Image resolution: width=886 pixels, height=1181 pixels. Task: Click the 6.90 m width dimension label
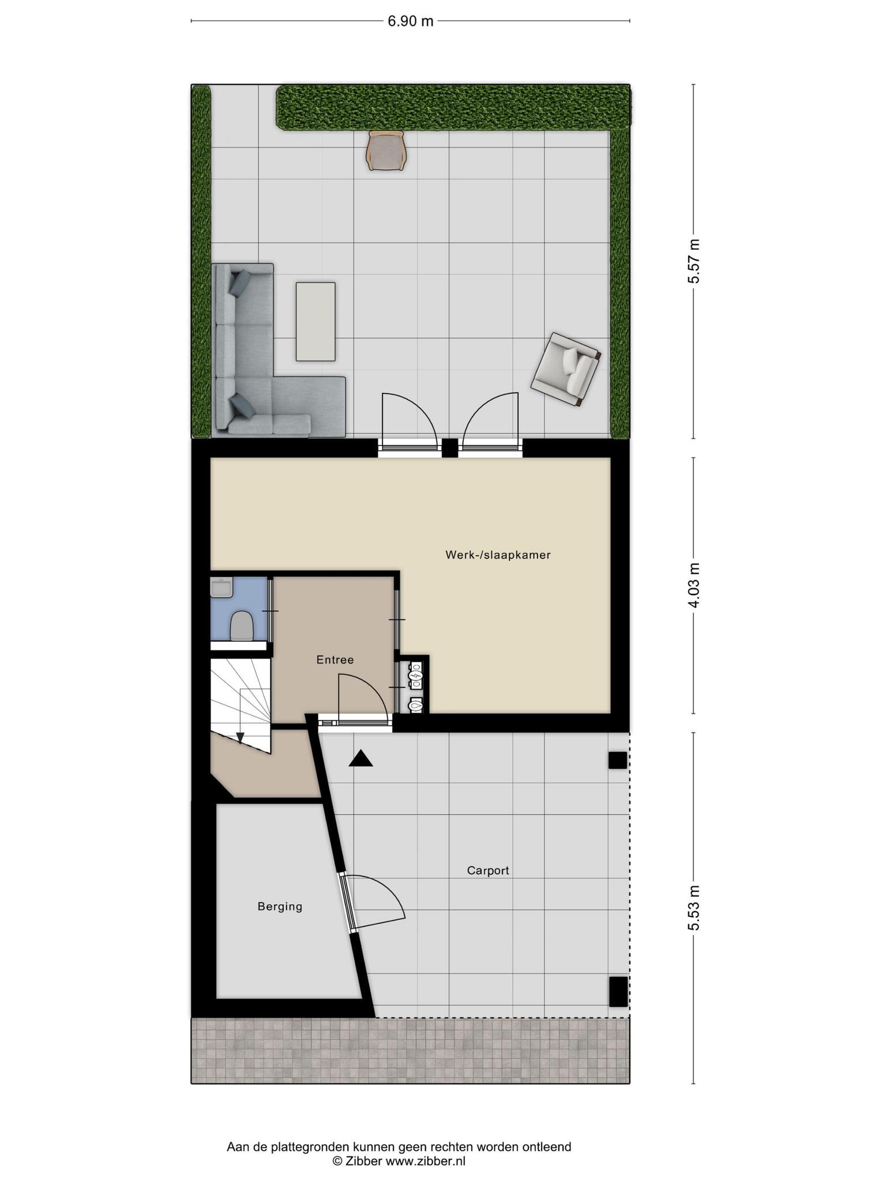[x=410, y=22]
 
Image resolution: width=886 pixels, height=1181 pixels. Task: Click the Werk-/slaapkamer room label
[x=498, y=555]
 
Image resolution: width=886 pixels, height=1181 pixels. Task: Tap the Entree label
[x=335, y=660]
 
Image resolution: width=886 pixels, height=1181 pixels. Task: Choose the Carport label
[x=488, y=871]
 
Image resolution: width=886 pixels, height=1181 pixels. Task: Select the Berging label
[x=280, y=907]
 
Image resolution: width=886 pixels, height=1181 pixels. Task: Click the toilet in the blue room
[x=241, y=626]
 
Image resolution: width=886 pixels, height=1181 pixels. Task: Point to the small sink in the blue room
[x=222, y=588]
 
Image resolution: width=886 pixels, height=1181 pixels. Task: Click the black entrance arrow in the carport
[x=361, y=758]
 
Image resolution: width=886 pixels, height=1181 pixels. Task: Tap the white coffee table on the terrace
[x=316, y=321]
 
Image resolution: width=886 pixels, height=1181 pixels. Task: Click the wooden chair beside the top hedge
[x=386, y=151]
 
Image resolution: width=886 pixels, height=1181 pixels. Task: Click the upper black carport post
[x=618, y=761]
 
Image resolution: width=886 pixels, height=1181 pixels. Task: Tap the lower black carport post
[x=618, y=991]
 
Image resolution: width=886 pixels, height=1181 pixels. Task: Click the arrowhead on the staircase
[x=240, y=738]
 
